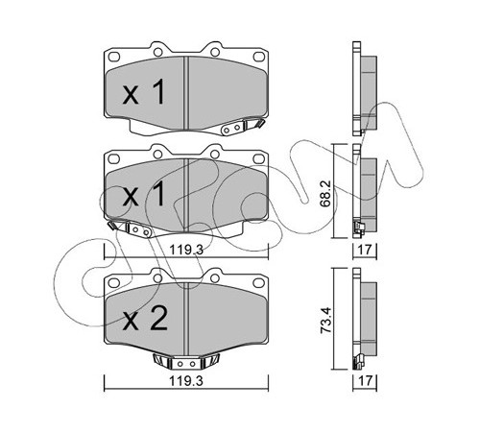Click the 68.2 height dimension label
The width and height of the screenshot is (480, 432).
(x=325, y=193)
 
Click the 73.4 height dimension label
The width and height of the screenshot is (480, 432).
(x=325, y=321)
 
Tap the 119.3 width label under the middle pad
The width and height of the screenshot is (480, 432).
(x=186, y=250)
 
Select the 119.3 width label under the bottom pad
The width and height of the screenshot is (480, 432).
(x=186, y=381)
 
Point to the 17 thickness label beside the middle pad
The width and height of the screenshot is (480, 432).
(x=365, y=250)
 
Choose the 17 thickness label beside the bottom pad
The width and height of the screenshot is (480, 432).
(x=365, y=381)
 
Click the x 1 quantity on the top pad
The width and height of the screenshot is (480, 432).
(x=144, y=92)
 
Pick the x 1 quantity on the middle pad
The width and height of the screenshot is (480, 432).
(x=144, y=194)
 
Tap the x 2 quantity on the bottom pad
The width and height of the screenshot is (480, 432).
(x=145, y=319)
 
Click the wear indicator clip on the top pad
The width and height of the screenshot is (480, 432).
(x=242, y=127)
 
